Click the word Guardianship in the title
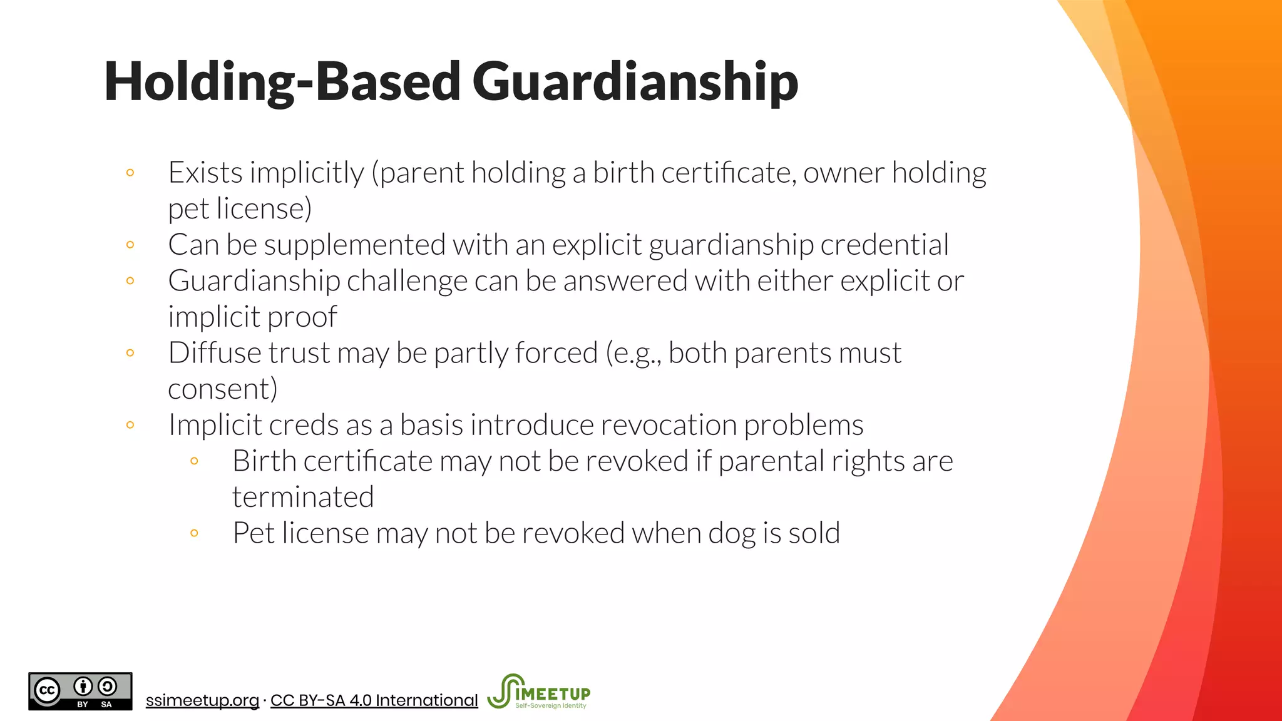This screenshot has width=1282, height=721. (x=635, y=82)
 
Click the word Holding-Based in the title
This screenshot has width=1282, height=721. (x=282, y=82)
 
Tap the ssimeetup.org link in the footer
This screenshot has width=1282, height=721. (x=202, y=700)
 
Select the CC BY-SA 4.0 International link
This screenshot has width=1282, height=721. (x=374, y=700)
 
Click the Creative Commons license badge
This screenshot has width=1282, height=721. (x=80, y=691)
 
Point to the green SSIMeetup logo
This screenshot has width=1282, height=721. (x=539, y=692)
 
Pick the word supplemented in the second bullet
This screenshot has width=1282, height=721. (x=354, y=245)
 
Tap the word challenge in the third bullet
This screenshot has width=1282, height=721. (x=407, y=281)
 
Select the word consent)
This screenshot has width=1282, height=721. (x=223, y=389)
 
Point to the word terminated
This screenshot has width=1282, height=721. (x=303, y=498)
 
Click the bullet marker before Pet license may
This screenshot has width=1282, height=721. (x=194, y=533)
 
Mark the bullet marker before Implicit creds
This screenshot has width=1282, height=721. (x=130, y=425)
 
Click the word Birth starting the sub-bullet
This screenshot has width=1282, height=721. (x=264, y=461)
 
